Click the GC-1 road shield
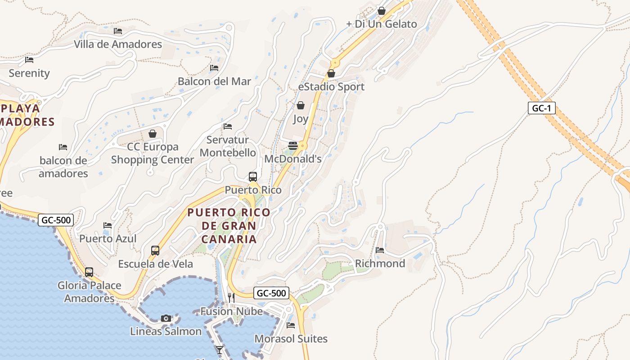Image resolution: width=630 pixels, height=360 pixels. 541,108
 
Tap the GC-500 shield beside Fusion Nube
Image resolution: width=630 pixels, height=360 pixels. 271,293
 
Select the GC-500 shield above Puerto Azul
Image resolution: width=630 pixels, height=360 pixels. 56,220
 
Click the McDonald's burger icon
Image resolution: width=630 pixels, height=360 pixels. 293,145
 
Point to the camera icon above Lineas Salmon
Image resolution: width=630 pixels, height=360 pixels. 166,319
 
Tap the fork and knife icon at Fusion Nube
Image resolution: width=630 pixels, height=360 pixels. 231,297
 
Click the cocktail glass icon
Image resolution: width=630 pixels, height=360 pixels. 219,350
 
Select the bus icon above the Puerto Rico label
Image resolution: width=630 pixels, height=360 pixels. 253,177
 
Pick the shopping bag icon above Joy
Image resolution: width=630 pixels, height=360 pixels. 300,105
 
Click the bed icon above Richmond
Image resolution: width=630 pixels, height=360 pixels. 380,250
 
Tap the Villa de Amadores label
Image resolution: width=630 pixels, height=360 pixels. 118,44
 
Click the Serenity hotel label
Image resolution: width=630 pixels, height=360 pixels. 29,73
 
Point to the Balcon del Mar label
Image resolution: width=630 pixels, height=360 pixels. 214,81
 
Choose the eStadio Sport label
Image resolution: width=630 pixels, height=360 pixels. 331,87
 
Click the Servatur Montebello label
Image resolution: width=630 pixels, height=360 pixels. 228,146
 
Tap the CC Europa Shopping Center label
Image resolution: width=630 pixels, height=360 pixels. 153,153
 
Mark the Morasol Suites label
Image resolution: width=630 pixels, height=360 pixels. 291,338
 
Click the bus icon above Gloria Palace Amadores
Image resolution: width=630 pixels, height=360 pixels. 89,272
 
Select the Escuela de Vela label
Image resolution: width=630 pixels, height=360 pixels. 155,264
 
